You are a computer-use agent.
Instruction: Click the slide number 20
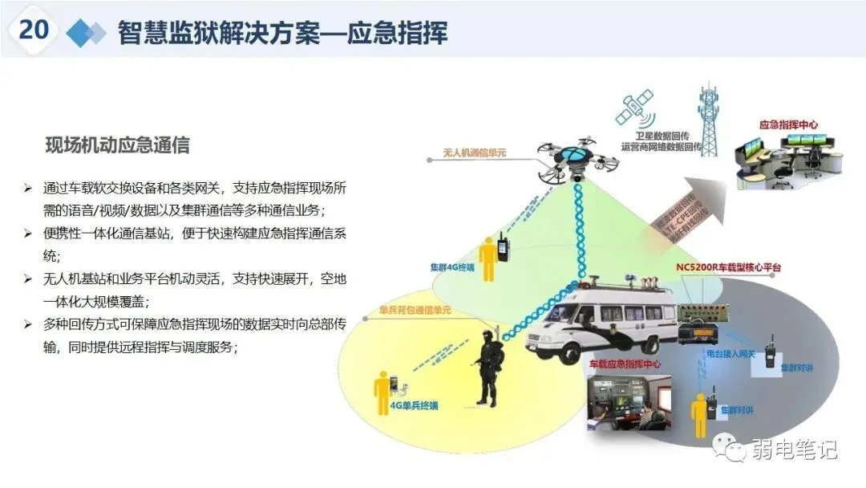[x=34, y=30]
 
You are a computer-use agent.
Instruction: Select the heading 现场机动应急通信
[x=117, y=146]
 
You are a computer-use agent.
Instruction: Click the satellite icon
[x=635, y=111]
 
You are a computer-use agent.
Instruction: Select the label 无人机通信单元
[x=475, y=151]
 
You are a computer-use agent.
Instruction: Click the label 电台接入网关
[x=730, y=353]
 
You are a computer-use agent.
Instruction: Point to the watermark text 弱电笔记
[x=793, y=450]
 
